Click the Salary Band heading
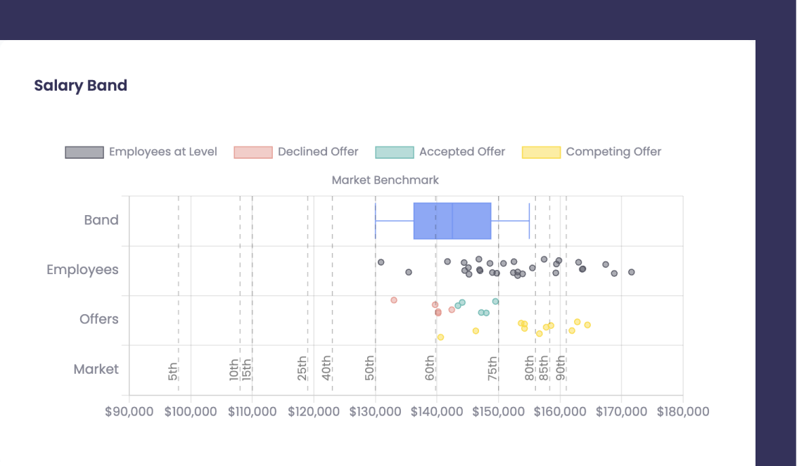[x=81, y=86]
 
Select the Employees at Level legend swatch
[x=84, y=152]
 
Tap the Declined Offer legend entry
[x=296, y=152]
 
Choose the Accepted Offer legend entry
[x=440, y=152]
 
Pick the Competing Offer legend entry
[x=592, y=152]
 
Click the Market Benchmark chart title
[x=385, y=180]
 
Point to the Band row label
[x=101, y=220]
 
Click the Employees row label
[x=82, y=270]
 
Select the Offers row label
[x=99, y=319]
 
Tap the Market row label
[x=96, y=369]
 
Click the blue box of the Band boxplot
[x=452, y=221]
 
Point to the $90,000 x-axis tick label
[x=129, y=412]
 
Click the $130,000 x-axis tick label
[x=375, y=412]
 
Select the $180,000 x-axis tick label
[x=683, y=412]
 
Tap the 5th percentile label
[x=173, y=370]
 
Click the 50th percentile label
[x=370, y=368]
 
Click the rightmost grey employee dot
[x=631, y=272]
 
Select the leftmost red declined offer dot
[x=394, y=300]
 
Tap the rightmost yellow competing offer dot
[x=587, y=325]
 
